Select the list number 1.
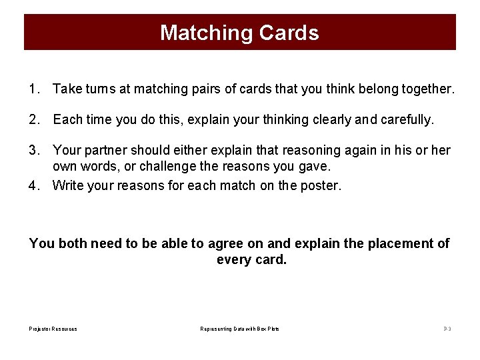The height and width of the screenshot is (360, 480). [x=34, y=89]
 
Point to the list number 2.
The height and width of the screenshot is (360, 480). [x=34, y=120]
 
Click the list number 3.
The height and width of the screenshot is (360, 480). [x=34, y=151]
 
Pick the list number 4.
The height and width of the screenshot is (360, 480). [x=34, y=185]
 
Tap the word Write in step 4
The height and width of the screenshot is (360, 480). [x=67, y=185]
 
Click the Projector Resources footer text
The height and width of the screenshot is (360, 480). [x=53, y=329]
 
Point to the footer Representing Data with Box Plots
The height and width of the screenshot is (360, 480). [x=240, y=329]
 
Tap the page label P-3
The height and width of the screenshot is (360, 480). [x=447, y=329]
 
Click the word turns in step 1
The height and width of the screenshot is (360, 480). [x=97, y=89]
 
